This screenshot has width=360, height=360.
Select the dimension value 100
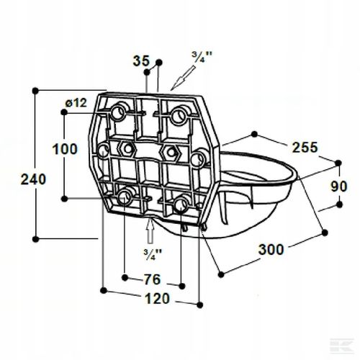[66, 150]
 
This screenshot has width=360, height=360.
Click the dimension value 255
[305, 148]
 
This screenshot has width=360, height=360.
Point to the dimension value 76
[151, 279]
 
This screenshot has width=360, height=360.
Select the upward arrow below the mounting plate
[149, 232]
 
